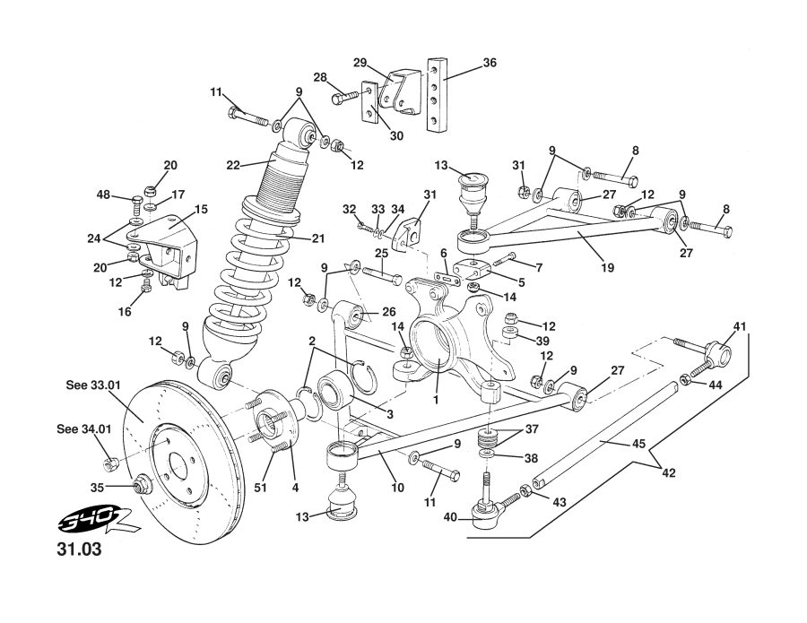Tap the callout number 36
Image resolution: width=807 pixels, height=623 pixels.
coord(489,63)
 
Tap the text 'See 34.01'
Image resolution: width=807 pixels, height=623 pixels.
coord(85,429)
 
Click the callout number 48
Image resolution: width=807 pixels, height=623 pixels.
coord(103,195)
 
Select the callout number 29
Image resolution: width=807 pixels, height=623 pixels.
coord(360,63)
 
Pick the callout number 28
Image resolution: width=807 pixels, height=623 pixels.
coord(319,77)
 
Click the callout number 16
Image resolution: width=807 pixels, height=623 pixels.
coord(126,312)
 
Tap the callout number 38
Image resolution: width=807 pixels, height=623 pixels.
coord(531,457)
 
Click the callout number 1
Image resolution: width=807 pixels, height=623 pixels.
coord(436,401)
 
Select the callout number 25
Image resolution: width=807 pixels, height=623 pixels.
coord(381,255)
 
